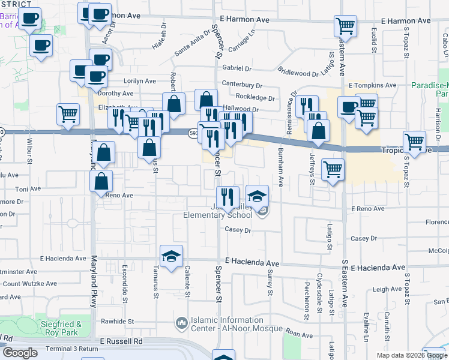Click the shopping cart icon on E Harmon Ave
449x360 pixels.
tap(345, 27)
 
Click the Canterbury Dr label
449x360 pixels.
tap(242, 85)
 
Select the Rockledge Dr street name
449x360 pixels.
tap(255, 98)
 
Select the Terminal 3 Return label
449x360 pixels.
tap(72, 349)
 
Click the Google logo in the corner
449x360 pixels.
tap(20, 353)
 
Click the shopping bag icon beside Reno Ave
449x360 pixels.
tap(103, 181)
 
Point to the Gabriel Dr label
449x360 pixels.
tap(237, 68)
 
